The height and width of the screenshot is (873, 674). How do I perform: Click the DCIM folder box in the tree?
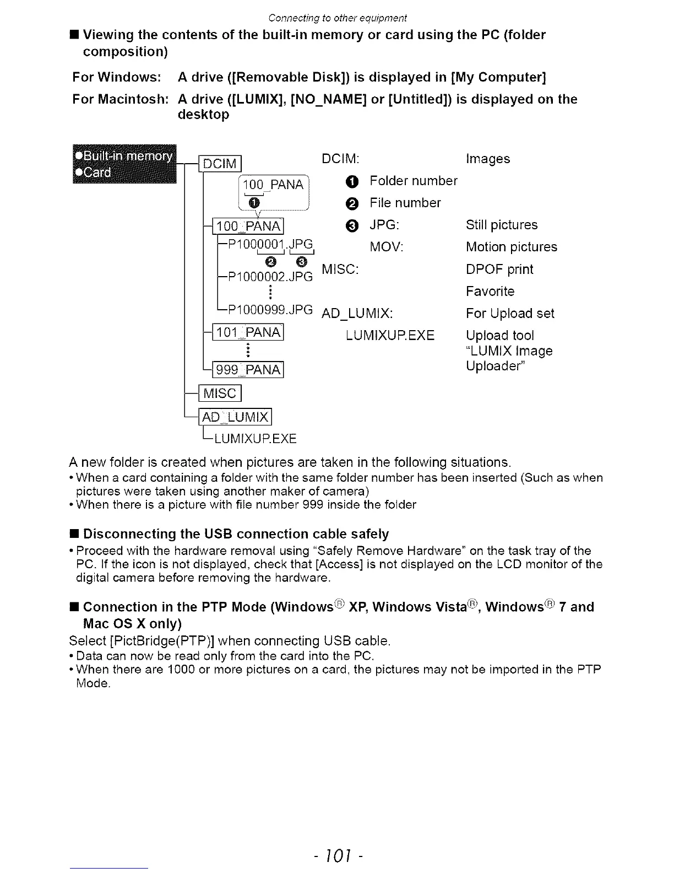click(x=220, y=164)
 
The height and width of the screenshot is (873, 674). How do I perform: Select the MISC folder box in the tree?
click(x=220, y=394)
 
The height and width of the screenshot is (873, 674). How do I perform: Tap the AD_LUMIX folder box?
click(x=236, y=417)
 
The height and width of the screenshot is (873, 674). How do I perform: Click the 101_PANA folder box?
click(x=248, y=332)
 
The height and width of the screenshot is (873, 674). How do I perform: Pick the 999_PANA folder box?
click(x=248, y=370)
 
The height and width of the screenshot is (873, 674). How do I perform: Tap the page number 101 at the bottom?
click(x=338, y=855)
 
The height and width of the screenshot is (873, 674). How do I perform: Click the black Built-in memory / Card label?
click(x=124, y=164)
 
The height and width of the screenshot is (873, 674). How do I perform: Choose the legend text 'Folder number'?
click(x=413, y=181)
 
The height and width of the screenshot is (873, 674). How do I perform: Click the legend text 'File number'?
click(x=405, y=203)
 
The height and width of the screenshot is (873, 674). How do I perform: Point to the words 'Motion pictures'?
click(x=511, y=247)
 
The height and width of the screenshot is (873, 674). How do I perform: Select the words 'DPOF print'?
click(x=499, y=270)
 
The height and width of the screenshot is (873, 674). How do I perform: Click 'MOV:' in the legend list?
click(x=387, y=247)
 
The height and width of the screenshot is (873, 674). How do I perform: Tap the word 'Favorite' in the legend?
click(x=490, y=292)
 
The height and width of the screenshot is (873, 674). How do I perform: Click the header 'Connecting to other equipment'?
click(x=338, y=18)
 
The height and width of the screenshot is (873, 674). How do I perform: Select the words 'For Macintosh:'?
click(x=120, y=99)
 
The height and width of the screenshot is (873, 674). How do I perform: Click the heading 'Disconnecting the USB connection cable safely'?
click(x=236, y=534)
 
